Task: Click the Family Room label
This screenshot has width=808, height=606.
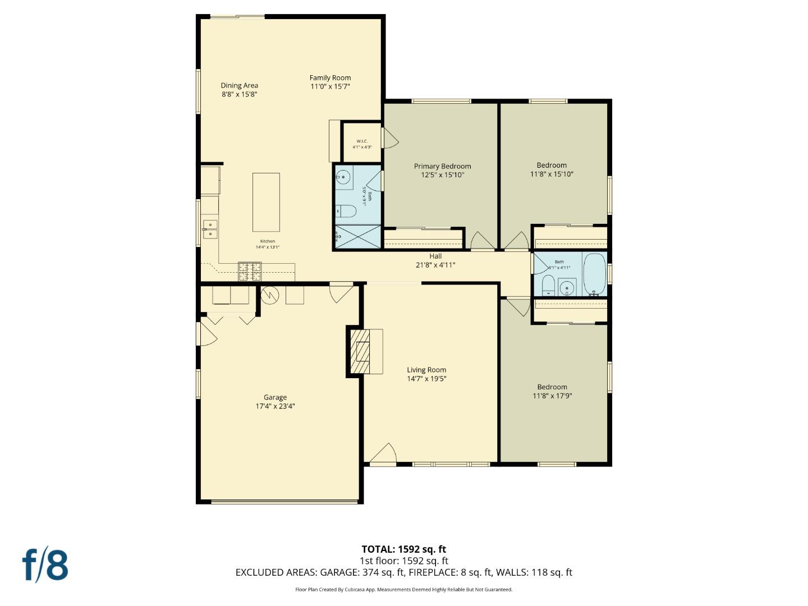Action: click(330, 78)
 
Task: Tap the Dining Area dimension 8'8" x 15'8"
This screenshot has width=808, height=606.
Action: click(239, 94)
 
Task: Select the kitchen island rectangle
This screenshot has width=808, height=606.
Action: click(266, 202)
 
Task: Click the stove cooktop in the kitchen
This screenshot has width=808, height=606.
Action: click(250, 272)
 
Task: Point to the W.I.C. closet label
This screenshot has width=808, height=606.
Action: click(362, 141)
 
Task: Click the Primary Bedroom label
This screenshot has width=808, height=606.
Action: click(442, 166)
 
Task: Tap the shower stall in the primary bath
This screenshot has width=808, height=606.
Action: click(357, 237)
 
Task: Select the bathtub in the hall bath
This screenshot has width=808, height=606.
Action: click(594, 274)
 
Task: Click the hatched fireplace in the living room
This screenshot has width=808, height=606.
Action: click(360, 351)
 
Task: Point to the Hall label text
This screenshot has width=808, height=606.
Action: click(435, 256)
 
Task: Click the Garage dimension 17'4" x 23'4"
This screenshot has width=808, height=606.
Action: click(275, 406)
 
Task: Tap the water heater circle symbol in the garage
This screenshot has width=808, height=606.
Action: click(270, 295)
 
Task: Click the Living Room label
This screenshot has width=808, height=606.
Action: click(426, 370)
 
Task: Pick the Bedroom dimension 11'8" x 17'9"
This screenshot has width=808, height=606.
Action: click(552, 396)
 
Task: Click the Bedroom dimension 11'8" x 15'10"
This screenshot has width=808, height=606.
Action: click(552, 174)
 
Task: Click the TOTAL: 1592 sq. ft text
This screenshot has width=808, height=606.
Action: click(403, 549)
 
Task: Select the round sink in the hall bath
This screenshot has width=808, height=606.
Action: click(567, 288)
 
